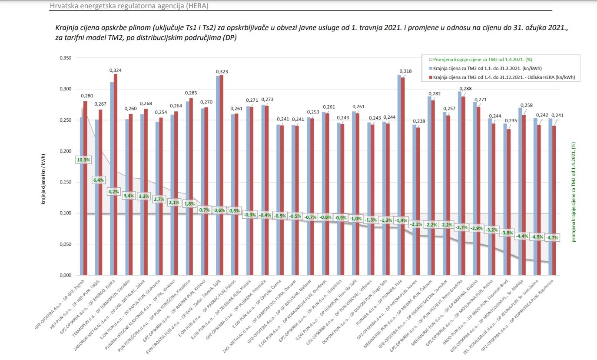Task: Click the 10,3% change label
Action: pyautogui.click(x=83, y=160)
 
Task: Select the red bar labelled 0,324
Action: pyautogui.click(x=115, y=174)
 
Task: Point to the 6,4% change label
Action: pyautogui.click(x=99, y=180)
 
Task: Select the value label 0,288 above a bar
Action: pyautogui.click(x=466, y=89)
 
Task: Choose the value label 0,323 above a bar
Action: pyautogui.click(x=222, y=71)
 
